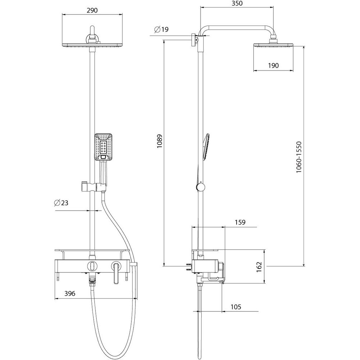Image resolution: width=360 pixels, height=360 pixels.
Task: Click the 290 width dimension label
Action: (x=92, y=10)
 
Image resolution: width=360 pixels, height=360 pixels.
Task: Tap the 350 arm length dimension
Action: (x=237, y=3)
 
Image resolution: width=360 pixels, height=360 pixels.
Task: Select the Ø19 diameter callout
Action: (x=161, y=30)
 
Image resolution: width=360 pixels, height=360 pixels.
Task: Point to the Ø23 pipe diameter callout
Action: (x=61, y=203)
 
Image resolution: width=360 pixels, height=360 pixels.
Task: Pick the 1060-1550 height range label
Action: (x=298, y=157)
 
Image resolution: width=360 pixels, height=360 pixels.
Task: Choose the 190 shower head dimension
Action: (x=273, y=66)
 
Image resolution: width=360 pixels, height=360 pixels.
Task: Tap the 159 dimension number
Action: (x=240, y=222)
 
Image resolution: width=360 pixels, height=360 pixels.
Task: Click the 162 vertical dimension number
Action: (x=259, y=267)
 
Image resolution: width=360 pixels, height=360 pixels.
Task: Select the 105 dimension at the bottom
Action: (x=236, y=307)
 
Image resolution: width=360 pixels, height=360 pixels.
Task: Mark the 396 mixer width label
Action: (x=70, y=293)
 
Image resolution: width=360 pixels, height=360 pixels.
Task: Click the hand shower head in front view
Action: (x=103, y=147)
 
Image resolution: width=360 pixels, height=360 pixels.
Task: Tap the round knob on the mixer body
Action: (x=92, y=266)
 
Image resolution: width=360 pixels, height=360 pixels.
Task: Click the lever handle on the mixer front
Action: (x=117, y=273)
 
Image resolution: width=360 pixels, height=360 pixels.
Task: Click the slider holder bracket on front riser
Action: (x=94, y=187)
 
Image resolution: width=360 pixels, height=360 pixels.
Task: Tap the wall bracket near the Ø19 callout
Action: (x=195, y=40)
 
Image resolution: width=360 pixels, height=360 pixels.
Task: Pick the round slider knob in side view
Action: (x=201, y=187)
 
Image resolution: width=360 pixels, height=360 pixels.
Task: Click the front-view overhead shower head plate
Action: (x=92, y=45)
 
